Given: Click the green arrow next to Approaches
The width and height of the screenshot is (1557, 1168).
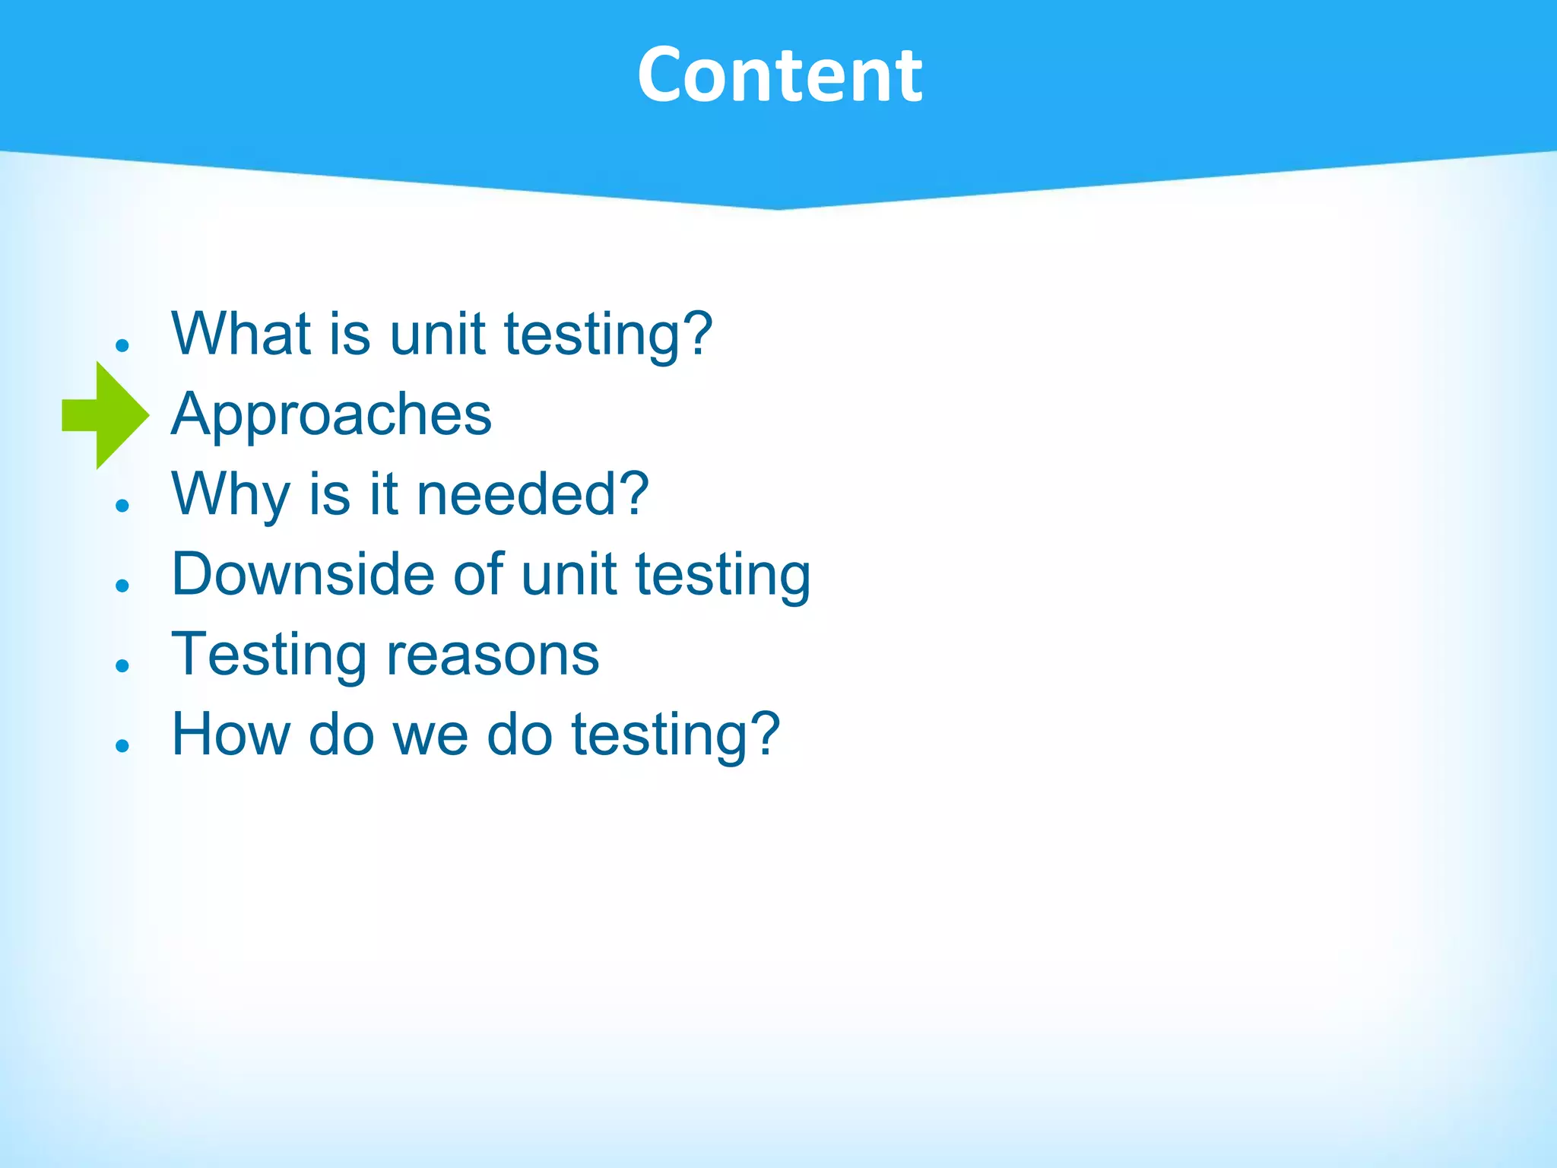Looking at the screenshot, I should click(106, 415).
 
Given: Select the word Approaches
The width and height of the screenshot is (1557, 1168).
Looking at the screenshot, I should click(331, 414).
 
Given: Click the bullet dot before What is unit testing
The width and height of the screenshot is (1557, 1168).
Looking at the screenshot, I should click(122, 345).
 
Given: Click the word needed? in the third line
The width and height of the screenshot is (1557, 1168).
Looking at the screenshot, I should click(532, 494).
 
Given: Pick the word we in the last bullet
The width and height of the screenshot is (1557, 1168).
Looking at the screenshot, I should click(430, 735).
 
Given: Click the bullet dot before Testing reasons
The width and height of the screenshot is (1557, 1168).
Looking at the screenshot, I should click(122, 665).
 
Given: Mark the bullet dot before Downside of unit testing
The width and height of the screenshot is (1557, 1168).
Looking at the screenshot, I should click(122, 585).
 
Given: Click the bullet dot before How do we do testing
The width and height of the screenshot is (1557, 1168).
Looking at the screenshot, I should click(122, 745).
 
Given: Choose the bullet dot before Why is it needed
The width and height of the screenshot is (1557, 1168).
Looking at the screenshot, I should click(122, 505).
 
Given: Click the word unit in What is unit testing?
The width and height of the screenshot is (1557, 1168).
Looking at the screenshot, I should click(437, 334).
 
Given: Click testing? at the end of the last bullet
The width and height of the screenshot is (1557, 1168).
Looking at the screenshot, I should click(675, 735).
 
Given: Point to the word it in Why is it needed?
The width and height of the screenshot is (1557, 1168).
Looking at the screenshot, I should click(383, 494).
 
